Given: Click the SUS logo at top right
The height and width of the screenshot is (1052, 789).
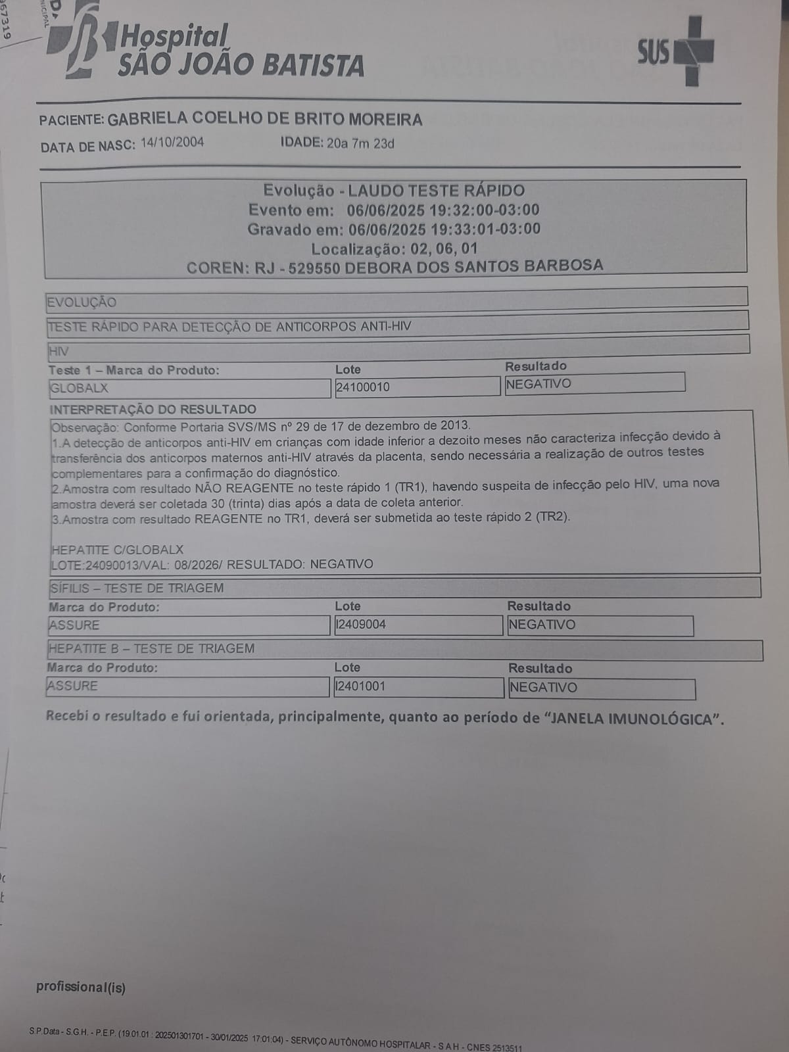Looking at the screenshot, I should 675,51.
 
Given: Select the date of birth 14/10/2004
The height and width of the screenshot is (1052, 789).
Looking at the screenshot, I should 172,143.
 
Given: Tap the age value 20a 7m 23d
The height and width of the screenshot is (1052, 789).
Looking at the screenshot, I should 360,143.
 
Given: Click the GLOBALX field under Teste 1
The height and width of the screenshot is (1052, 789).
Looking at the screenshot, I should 189,389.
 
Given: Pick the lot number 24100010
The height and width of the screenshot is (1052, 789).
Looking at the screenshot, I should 363,387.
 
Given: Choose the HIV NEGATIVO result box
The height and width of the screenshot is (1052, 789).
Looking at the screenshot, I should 594,383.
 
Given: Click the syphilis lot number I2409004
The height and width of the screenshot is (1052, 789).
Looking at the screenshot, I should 361,625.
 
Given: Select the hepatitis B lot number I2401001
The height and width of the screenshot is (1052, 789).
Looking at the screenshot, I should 361,686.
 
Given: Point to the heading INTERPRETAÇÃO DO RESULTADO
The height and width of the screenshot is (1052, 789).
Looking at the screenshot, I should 153,409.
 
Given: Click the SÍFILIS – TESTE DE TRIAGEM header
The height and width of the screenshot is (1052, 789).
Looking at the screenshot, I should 137,588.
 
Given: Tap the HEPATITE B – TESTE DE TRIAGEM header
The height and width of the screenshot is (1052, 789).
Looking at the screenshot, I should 152,649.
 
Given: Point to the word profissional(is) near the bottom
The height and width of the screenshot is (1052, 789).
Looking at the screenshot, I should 81,987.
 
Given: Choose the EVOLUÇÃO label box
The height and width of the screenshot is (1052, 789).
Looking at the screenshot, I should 82,302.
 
